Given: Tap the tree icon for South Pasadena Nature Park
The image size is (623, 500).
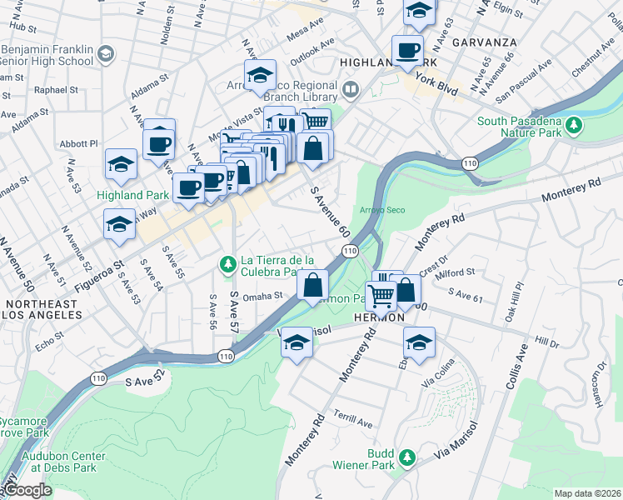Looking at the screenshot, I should click(572, 126).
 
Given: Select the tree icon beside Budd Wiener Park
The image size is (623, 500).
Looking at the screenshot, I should click(406, 457).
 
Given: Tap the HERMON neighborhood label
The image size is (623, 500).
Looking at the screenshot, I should click(379, 318).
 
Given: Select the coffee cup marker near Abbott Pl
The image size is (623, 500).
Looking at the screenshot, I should click(158, 144).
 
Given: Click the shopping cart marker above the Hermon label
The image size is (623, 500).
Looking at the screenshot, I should click(381, 294).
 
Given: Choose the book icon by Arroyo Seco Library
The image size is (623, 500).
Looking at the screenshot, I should click(351, 89).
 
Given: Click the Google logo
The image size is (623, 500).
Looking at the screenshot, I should click(27, 490).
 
